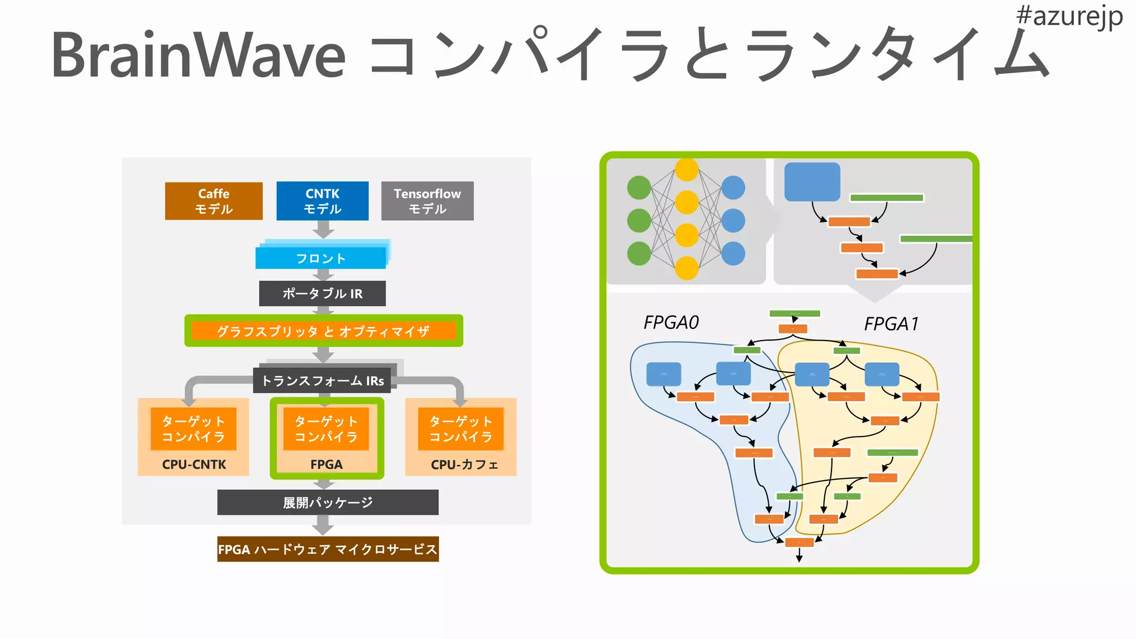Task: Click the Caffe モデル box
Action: [214, 201]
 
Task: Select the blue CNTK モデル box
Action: [322, 201]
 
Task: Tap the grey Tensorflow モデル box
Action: [427, 201]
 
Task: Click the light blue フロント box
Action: [321, 258]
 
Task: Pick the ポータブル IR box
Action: [322, 293]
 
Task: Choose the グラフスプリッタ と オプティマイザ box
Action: [323, 331]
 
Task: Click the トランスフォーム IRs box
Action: [322, 381]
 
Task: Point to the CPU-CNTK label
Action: [194, 464]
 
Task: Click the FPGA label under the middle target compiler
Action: [326, 464]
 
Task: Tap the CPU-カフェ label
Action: [464, 464]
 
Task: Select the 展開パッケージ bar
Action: [328, 503]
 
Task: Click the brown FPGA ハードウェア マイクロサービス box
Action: [328, 549]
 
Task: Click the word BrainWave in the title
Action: [198, 55]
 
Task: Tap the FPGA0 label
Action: [671, 322]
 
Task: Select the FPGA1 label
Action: [891, 323]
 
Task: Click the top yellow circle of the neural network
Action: [687, 170]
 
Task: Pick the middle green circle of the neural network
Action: [639, 220]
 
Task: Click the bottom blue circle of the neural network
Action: [733, 253]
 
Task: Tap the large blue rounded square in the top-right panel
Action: [812, 182]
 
